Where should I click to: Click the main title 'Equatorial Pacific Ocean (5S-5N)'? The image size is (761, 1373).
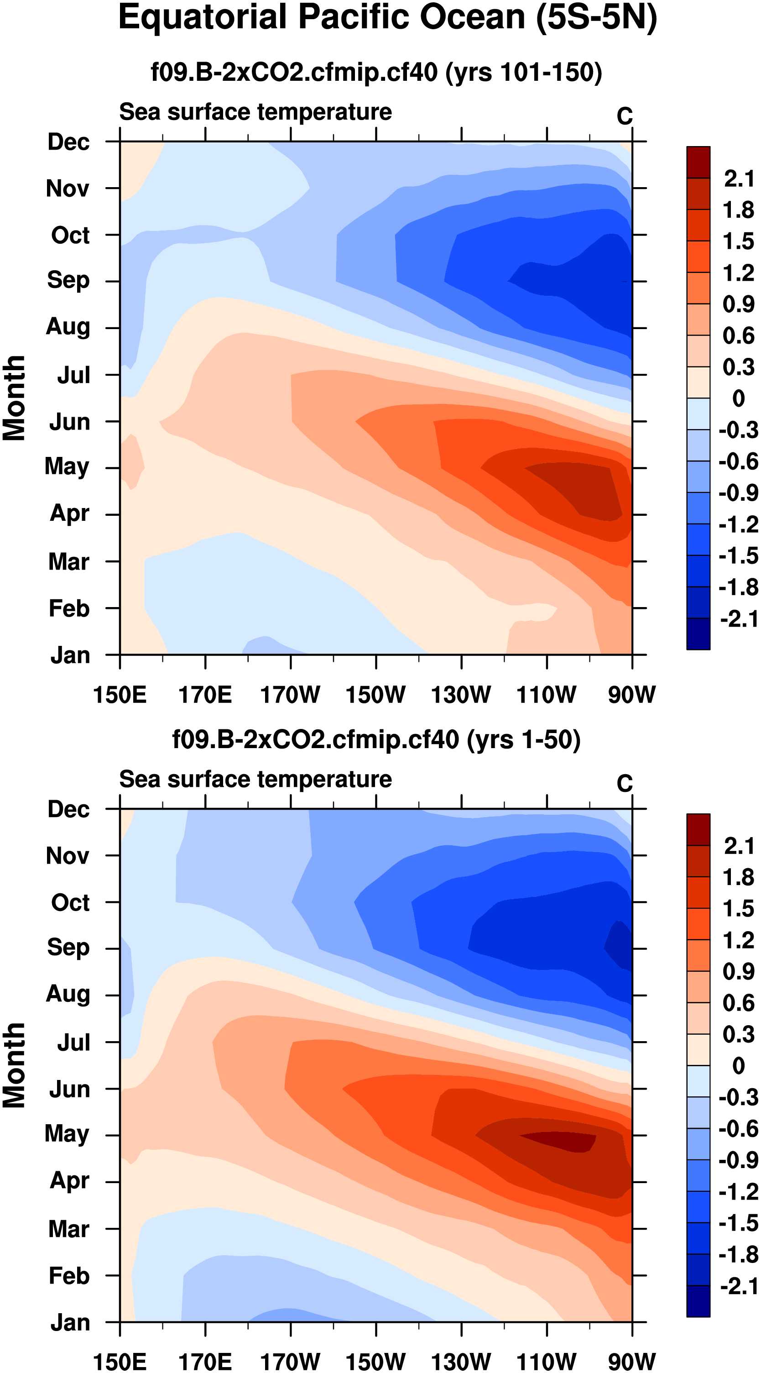pyautogui.click(x=387, y=18)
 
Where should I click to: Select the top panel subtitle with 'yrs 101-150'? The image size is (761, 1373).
pyautogui.click(x=376, y=72)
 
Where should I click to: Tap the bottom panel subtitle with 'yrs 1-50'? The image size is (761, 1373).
pyautogui.click(x=376, y=740)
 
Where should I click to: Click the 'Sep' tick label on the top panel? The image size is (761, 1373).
pyautogui.click(x=68, y=280)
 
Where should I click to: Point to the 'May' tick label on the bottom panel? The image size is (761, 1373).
pyautogui.click(x=67, y=1134)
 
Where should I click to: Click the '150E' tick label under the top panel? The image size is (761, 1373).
pyautogui.click(x=120, y=695)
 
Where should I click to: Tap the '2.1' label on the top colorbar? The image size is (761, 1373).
pyautogui.click(x=739, y=178)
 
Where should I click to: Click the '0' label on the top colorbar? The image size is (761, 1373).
pyautogui.click(x=739, y=398)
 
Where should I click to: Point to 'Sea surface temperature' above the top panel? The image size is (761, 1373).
pyautogui.click(x=255, y=112)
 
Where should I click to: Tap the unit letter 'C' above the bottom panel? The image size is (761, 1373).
pyautogui.click(x=625, y=784)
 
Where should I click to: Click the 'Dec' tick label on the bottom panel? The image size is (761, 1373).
pyautogui.click(x=68, y=810)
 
